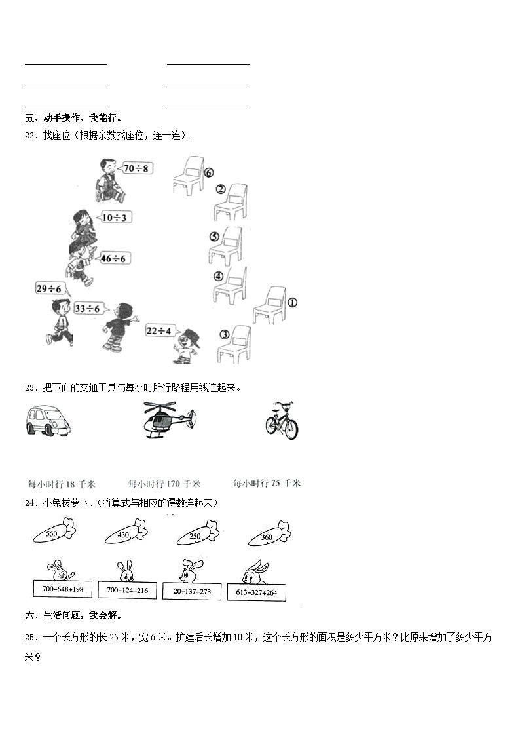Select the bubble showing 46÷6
[x=113, y=258]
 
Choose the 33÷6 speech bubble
[x=87, y=308]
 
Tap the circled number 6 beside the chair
[x=208, y=174]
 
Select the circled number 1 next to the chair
[x=292, y=303]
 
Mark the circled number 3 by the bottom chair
[x=225, y=334]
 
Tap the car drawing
[x=48, y=420]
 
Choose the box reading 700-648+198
[x=63, y=589]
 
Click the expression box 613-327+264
[x=256, y=592]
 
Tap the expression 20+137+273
[x=192, y=591]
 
